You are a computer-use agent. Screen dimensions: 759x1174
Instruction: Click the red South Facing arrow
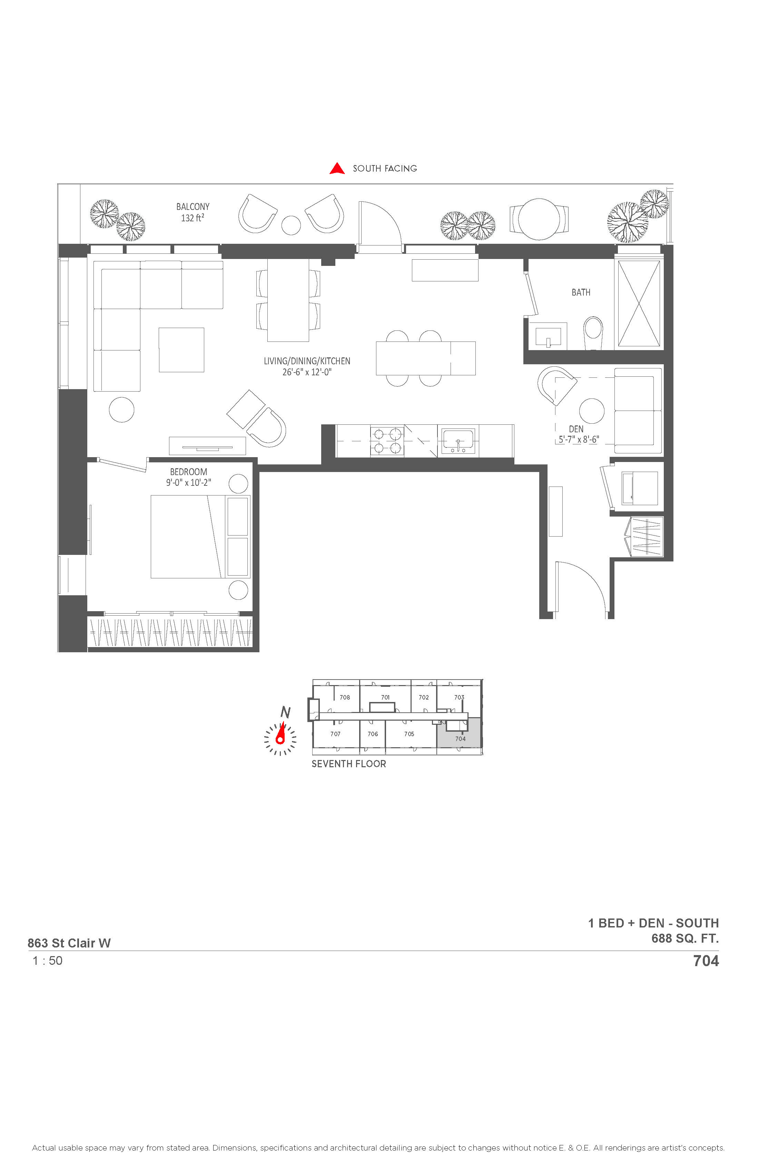337,169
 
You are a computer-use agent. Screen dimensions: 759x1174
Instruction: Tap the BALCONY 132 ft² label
193,212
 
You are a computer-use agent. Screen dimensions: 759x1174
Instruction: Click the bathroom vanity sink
548,336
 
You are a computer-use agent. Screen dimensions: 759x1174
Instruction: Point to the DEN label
576,429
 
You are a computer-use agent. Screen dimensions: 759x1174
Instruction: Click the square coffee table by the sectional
181,350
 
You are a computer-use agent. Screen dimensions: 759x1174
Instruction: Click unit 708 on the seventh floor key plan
345,697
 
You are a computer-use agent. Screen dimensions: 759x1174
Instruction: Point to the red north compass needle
281,733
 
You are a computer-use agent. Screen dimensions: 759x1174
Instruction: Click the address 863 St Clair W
69,943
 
